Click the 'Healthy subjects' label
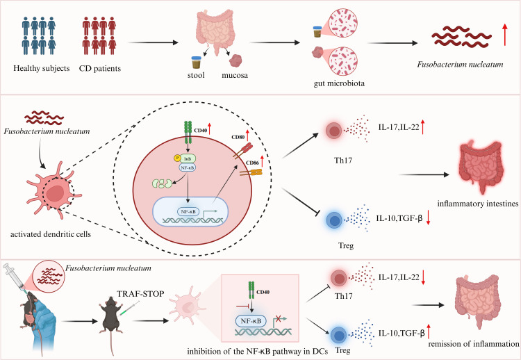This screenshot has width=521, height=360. (x=42, y=69)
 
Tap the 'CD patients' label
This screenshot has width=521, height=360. (x=100, y=69)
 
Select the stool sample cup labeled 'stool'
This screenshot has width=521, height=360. (x=196, y=62)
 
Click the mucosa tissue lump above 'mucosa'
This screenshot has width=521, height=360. (x=235, y=60)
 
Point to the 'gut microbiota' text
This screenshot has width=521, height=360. (x=339, y=83)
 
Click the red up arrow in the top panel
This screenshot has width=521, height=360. (x=505, y=35)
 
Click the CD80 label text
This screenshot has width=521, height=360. (x=238, y=137)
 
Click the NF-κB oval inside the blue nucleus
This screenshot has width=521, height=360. (x=188, y=211)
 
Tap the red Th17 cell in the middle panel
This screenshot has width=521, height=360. (x=333, y=131)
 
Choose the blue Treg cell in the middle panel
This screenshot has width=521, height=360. (x=333, y=220)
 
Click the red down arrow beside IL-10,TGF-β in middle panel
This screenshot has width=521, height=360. (x=428, y=218)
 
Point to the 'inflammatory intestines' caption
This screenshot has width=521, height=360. (x=478, y=204)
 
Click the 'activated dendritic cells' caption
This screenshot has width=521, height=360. (x=51, y=234)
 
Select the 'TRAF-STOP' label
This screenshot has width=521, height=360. (x=140, y=294)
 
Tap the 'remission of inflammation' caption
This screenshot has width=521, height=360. (x=474, y=344)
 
